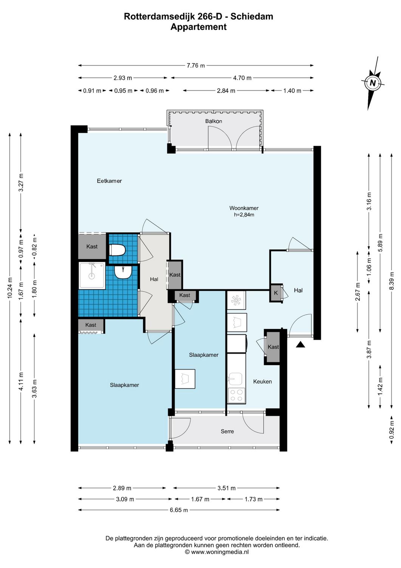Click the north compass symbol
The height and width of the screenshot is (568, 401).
pyautogui.click(x=373, y=83)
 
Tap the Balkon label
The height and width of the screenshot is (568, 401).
pyautogui.click(x=214, y=121)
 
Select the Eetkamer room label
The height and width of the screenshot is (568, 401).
pyautogui.click(x=109, y=181)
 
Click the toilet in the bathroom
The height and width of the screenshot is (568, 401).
pyautogui.click(x=117, y=250)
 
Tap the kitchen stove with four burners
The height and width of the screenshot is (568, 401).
pyautogui.click(x=237, y=395)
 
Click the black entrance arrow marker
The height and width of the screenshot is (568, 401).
pyautogui.click(x=300, y=345)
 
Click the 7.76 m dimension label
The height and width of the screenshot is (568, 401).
pyautogui.click(x=196, y=66)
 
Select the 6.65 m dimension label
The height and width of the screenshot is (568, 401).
pyautogui.click(x=179, y=510)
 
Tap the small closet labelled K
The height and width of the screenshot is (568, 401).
pyautogui.click(x=276, y=293)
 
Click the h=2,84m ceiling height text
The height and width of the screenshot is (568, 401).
pyautogui.click(x=244, y=215)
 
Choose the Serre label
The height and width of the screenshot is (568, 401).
pyautogui.click(x=227, y=431)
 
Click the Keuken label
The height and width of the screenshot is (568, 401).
pyautogui.click(x=262, y=381)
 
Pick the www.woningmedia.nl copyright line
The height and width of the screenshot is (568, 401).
pyautogui.click(x=217, y=552)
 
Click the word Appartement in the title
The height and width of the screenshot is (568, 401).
pyautogui.click(x=198, y=27)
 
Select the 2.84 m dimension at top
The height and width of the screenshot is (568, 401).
pyautogui.click(x=226, y=91)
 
